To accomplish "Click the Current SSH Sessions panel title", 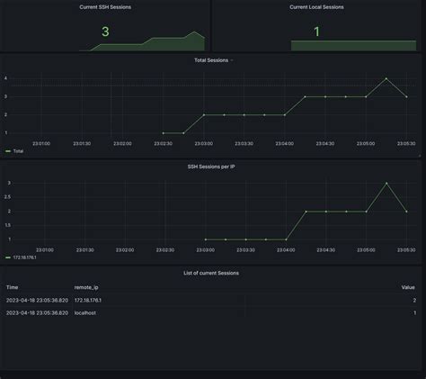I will click(105, 6).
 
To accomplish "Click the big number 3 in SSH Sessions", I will click(105, 33).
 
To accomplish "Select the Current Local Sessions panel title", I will click(316, 6).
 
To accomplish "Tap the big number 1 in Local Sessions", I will click(316, 33).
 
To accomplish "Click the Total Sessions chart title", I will click(212, 59).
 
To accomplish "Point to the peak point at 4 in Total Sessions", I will click(386, 78).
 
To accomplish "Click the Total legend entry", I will click(18, 151).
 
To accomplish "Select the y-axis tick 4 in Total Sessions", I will click(6, 78).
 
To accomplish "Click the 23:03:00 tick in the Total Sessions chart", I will click(204, 142).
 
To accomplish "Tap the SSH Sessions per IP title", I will click(212, 167).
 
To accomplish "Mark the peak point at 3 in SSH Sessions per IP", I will click(386, 183).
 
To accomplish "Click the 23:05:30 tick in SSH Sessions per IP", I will click(406, 249).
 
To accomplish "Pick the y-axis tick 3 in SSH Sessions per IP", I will click(8, 183).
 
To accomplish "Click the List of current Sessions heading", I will click(212, 273).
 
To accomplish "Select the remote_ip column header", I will click(87, 287).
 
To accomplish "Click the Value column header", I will click(408, 287).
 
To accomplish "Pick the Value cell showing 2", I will click(413, 300).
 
